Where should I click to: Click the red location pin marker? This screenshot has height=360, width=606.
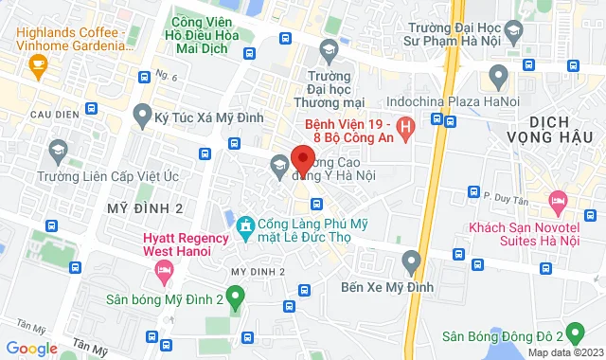(x=303, y=158)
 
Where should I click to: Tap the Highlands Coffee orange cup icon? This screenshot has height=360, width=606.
(x=38, y=65)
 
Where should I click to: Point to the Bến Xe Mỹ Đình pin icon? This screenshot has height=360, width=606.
(x=411, y=260)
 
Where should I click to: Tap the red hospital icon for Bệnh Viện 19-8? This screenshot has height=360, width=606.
(x=405, y=126)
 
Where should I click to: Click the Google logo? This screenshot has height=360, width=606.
(x=32, y=348)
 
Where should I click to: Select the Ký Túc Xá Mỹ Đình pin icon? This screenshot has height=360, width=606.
(x=143, y=116)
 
